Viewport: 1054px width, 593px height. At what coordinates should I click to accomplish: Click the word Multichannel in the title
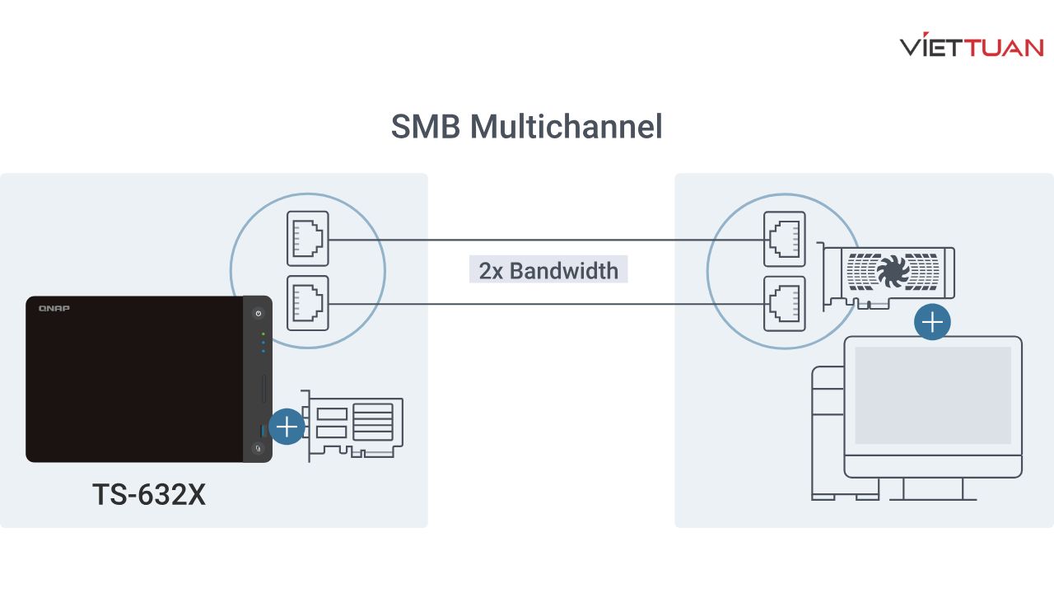click(566, 127)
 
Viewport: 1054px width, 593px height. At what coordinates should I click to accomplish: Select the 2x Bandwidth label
click(548, 270)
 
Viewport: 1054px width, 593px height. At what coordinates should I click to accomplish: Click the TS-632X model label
click(148, 494)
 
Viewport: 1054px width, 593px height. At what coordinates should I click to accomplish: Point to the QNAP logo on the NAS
click(54, 308)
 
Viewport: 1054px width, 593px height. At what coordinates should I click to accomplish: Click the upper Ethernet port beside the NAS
click(308, 239)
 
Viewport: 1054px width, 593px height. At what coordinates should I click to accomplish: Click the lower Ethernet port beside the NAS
click(308, 304)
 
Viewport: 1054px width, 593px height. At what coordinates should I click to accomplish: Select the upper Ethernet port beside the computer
click(785, 239)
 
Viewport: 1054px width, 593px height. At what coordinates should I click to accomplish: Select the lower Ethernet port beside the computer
click(785, 304)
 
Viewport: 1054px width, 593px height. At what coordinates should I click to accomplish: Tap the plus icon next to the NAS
click(287, 427)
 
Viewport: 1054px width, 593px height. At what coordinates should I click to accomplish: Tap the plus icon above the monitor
click(932, 322)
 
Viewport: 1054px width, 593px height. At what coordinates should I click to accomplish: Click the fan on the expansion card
click(893, 269)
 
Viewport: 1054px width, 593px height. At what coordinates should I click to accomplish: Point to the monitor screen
click(932, 395)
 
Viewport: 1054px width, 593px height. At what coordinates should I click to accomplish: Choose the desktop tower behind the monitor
click(827, 432)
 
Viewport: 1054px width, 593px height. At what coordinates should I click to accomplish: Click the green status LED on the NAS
click(263, 334)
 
